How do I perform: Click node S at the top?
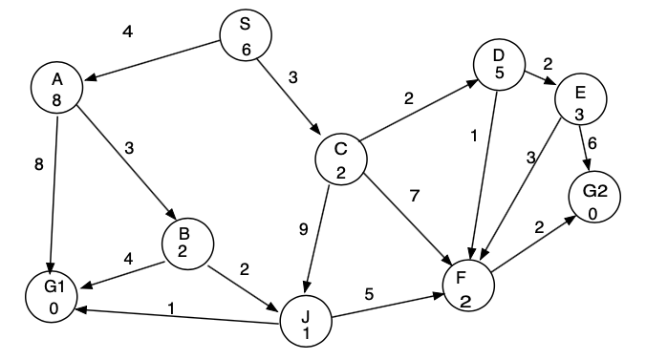tap(246, 37)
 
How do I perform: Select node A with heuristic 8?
tap(56, 89)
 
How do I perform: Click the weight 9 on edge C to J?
tap(304, 230)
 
